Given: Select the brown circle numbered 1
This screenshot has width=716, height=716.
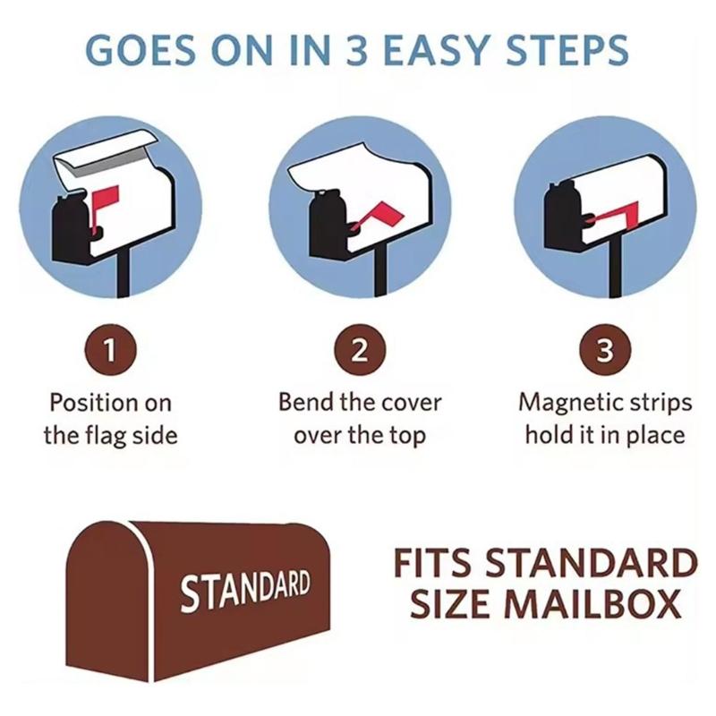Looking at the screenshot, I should (108, 352).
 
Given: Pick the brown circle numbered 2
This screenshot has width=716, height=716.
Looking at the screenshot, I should (358, 352).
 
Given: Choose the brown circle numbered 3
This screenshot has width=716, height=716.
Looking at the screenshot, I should (606, 352).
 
